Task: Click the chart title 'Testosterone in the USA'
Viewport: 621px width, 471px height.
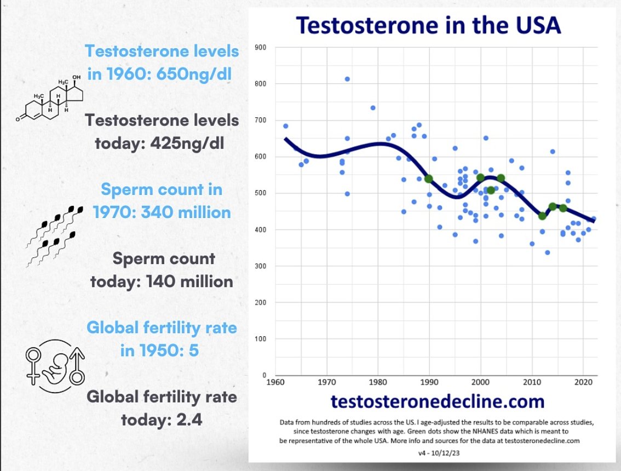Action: pyautogui.click(x=429, y=26)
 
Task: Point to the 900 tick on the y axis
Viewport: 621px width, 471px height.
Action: pyautogui.click(x=261, y=48)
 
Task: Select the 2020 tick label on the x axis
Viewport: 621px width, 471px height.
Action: pyautogui.click(x=583, y=382)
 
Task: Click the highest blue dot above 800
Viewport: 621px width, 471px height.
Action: pyautogui.click(x=347, y=79)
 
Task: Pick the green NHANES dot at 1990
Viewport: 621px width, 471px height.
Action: pyautogui.click(x=429, y=179)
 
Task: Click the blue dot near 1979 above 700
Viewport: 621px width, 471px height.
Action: pyautogui.click(x=372, y=108)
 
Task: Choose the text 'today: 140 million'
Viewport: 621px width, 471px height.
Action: pyautogui.click(x=163, y=282)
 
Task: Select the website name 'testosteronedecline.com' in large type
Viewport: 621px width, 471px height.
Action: pyautogui.click(x=438, y=402)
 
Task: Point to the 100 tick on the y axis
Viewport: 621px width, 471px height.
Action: pyautogui.click(x=261, y=339)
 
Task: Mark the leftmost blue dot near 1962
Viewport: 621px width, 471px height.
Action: pyautogui.click(x=285, y=126)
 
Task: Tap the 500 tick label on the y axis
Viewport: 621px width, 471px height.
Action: pyautogui.click(x=261, y=193)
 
